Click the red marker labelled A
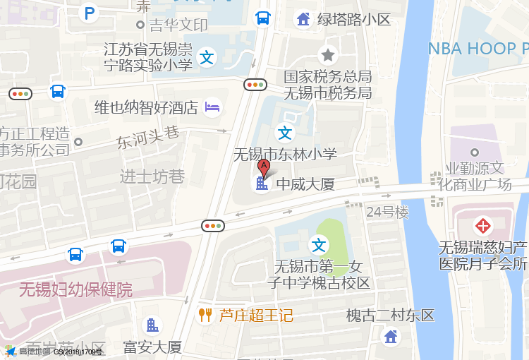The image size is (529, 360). [264, 168]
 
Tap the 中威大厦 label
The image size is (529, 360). [304, 185]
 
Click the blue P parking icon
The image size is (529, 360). [89, 13]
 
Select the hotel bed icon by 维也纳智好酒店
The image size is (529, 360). [212, 107]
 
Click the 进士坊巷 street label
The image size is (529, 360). [152, 176]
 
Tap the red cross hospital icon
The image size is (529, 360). [483, 226]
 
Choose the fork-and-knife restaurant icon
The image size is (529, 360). [205, 315]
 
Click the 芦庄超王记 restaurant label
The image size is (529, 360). [255, 315]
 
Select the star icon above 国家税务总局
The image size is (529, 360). [328, 54]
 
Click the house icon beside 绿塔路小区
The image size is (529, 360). [303, 19]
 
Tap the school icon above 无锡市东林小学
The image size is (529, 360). [284, 133]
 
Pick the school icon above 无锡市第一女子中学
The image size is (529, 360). [320, 245]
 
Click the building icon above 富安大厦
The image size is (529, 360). [152, 325]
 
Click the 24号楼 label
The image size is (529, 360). [387, 212]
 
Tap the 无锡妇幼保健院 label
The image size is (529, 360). [75, 289]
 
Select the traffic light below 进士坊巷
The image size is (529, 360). [212, 226]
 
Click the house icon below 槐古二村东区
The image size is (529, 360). [391, 337]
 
